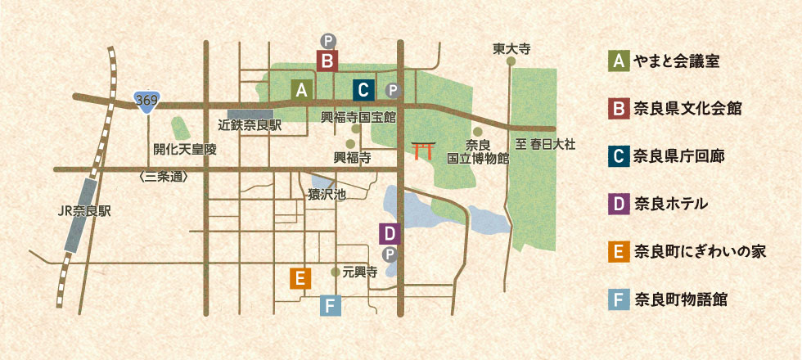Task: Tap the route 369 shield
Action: point(146,101)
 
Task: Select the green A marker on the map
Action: point(302,89)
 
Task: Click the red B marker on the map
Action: point(327,61)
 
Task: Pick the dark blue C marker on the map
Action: point(364,89)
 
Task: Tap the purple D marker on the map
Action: point(390,233)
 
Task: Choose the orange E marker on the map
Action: point(300,278)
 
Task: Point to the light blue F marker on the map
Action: point(331,306)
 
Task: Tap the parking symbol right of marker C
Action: point(392,90)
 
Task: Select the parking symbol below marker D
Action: point(390,254)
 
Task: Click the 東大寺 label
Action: point(511,49)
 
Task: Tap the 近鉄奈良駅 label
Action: point(250,126)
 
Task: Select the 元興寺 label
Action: point(359,272)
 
